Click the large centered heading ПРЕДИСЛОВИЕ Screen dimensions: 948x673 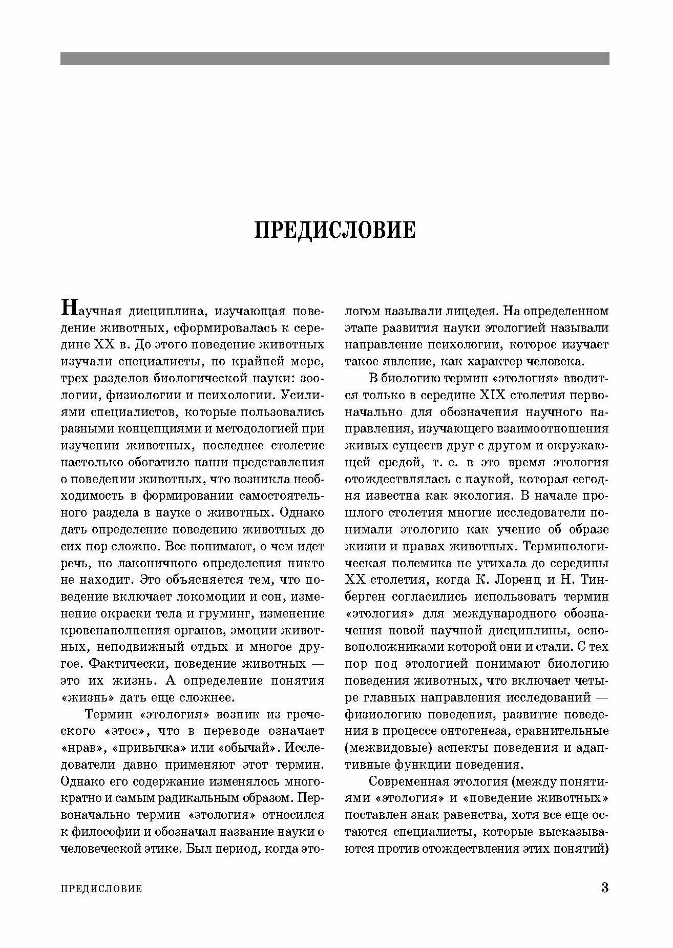pyautogui.click(x=335, y=230)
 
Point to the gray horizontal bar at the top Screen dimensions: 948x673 pyautogui.click(x=335, y=58)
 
